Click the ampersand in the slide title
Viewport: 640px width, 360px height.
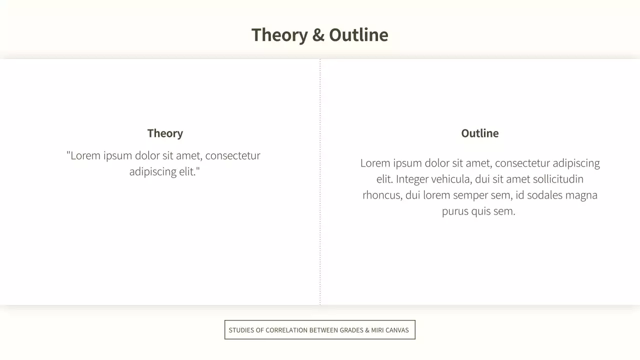[x=318, y=35]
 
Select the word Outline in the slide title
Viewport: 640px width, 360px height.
[x=358, y=35]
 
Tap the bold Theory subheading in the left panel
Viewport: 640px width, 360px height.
[x=165, y=133]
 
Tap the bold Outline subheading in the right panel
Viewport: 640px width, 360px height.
[x=480, y=133]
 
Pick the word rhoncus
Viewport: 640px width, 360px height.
[x=382, y=195]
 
